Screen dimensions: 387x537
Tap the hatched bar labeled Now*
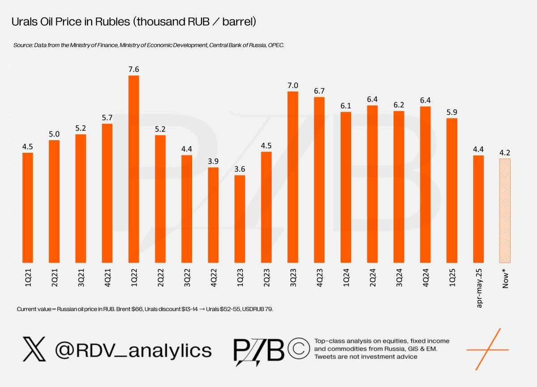pos(505,211)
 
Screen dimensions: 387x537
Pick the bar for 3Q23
pos(293,177)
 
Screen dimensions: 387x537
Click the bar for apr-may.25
pos(478,209)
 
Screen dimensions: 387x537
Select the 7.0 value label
pos(293,85)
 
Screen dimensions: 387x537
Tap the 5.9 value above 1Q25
pos(452,112)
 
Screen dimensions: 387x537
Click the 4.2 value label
pos(505,152)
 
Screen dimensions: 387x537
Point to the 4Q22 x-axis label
pos(213,277)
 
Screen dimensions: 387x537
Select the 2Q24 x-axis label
pos(372,277)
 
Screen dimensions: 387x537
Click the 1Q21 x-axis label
pos(28,277)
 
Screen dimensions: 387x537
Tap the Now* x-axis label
pos(505,278)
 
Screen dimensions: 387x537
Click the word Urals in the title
pos(25,22)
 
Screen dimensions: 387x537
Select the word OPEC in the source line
pos(275,45)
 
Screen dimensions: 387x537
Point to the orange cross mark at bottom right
pos(487,348)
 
